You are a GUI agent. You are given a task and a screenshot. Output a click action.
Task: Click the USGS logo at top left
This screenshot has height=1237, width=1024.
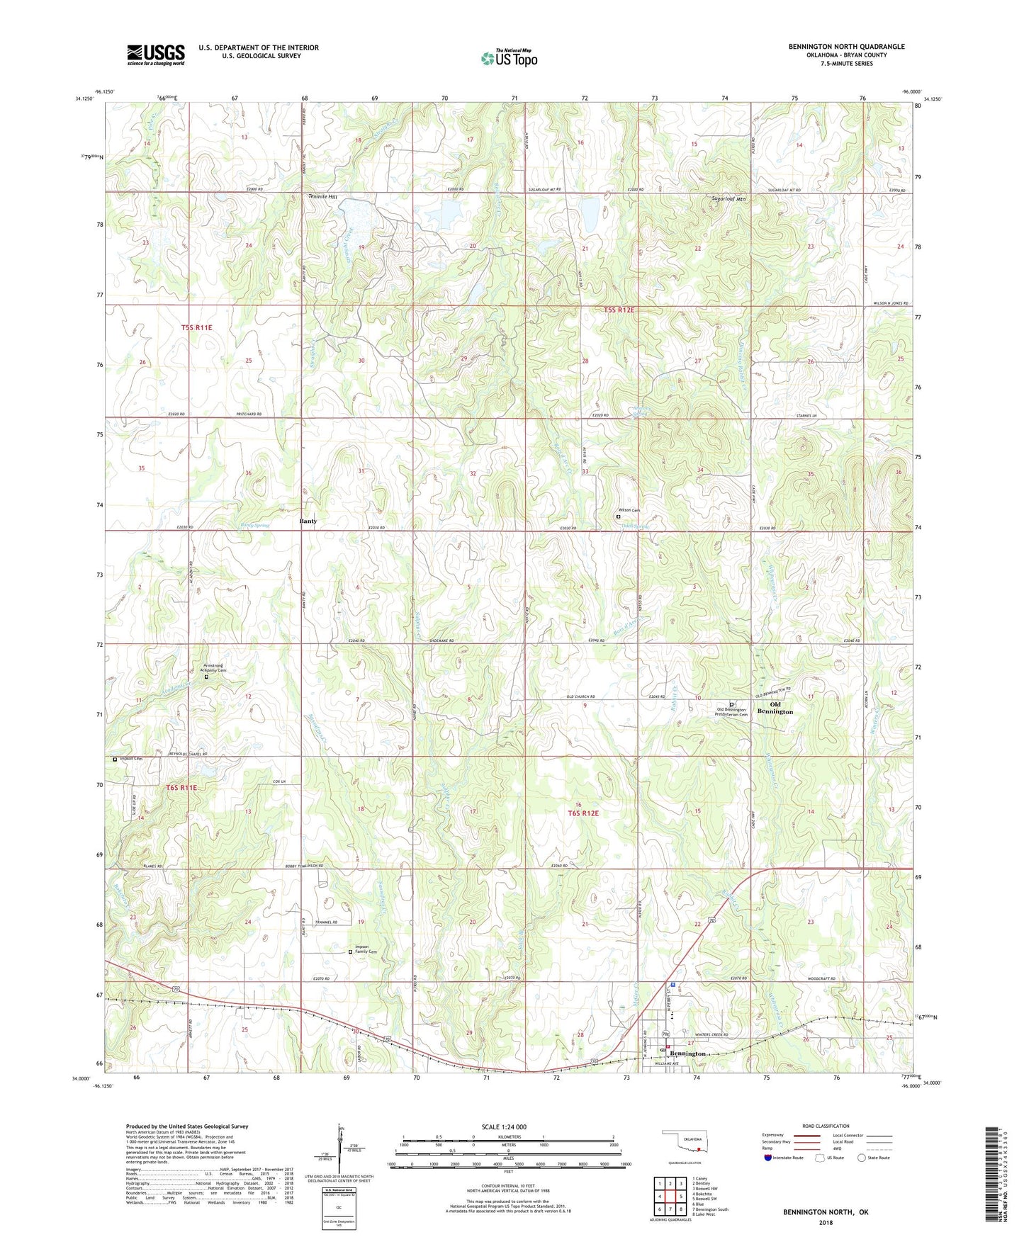pyautogui.click(x=156, y=54)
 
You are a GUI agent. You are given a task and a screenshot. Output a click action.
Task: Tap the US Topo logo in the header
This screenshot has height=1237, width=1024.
pyautogui.click(x=508, y=57)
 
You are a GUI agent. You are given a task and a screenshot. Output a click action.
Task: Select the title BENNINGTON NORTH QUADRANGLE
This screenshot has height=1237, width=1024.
pyautogui.click(x=846, y=47)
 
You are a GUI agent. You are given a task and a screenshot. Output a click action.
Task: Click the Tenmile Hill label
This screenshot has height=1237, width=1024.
pyautogui.click(x=322, y=196)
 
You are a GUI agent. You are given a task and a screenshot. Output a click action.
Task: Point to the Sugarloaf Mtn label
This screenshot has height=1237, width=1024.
pyautogui.click(x=729, y=200)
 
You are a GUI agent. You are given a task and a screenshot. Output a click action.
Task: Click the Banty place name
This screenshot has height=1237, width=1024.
pyautogui.click(x=308, y=521)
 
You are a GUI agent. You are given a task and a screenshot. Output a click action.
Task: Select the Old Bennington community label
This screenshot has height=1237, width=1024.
pyautogui.click(x=775, y=708)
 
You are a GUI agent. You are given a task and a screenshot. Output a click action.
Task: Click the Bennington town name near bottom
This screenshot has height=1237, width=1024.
pyautogui.click(x=688, y=1054)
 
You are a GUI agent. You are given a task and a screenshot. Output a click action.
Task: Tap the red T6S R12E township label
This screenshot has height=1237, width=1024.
pyautogui.click(x=583, y=813)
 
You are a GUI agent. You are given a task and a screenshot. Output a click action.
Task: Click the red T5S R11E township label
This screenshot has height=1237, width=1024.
pyautogui.click(x=196, y=327)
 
